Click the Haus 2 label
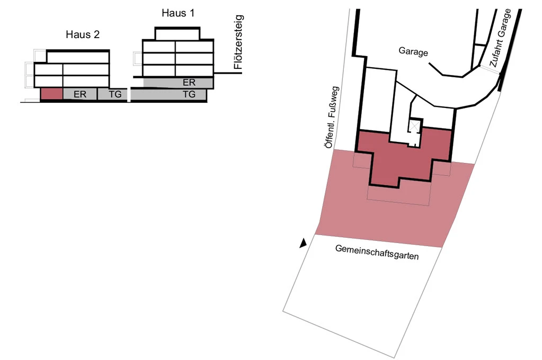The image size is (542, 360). tap(83, 35)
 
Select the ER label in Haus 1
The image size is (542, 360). tap(189, 83)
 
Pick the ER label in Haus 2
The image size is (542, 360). tap(80, 95)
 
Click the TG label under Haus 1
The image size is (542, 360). tap(189, 95)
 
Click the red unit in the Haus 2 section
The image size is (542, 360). tap(51, 94)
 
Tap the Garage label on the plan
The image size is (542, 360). tap(413, 51)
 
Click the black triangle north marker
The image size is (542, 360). tap(303, 243)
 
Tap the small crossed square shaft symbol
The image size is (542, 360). tap(412, 127)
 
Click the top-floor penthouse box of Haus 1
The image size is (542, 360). tap(177, 33)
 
